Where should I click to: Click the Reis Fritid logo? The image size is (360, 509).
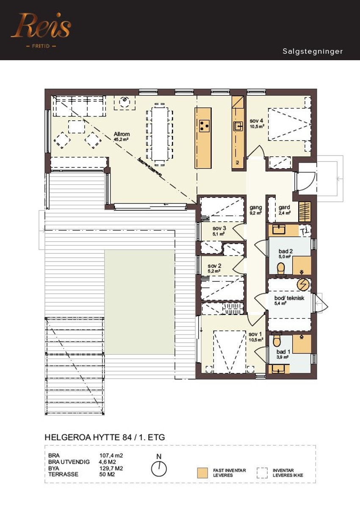click(x=41, y=29)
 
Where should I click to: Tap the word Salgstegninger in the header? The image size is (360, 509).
click(x=313, y=52)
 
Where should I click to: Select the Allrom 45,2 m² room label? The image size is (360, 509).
click(x=121, y=136)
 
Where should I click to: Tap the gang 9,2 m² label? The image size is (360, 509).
click(x=256, y=210)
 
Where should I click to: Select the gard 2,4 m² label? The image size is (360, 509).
click(x=285, y=210)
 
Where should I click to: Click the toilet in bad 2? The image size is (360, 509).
click(x=280, y=268)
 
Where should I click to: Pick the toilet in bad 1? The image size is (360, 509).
click(x=277, y=340)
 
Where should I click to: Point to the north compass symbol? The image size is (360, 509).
click(x=159, y=468)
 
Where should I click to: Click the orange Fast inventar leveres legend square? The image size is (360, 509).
click(x=202, y=473)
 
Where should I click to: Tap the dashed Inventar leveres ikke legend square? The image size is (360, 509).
click(x=263, y=473)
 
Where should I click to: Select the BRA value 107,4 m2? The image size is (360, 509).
click(x=108, y=456)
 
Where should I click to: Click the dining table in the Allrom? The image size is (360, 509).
click(x=160, y=134)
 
